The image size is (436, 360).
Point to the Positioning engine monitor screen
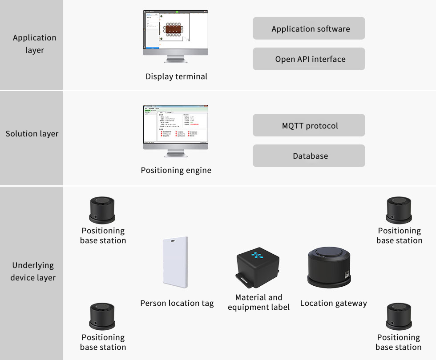175,124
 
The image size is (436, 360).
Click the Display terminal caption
176,76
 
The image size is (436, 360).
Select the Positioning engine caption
176,170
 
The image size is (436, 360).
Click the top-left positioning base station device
102,210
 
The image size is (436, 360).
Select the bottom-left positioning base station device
102,316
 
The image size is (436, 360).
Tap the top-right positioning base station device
399,210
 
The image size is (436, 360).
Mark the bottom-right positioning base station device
399,316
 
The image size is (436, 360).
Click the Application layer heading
34,44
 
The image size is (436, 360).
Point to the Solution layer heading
32,133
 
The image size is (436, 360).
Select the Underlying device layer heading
33,271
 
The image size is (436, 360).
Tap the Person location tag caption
177,303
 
